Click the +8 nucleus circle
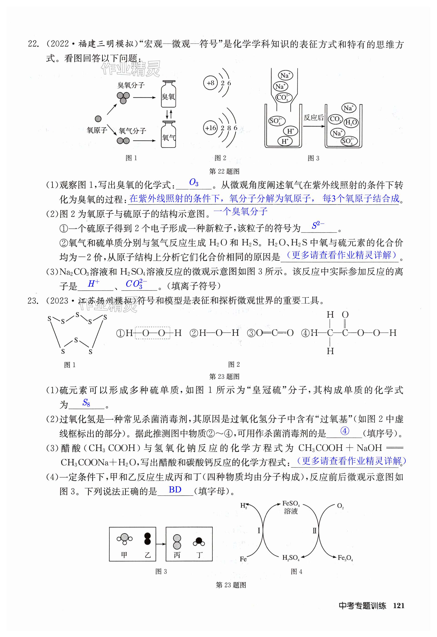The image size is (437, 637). [210, 83]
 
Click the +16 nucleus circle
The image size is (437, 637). [211, 128]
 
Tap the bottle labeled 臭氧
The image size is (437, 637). [168, 95]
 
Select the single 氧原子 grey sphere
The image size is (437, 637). [98, 119]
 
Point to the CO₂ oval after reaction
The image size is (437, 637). [335, 119]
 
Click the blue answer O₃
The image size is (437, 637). [194, 182]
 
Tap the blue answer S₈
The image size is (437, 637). [86, 403]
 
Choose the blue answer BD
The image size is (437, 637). [175, 489]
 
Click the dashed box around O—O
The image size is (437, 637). [152, 333]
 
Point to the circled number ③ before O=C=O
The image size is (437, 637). [251, 333]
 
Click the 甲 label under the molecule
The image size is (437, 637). [124, 555]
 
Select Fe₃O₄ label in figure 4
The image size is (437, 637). [345, 557]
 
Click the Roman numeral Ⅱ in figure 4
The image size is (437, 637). [314, 531]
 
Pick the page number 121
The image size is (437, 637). [399, 605]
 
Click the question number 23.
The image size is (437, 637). [32, 301]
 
